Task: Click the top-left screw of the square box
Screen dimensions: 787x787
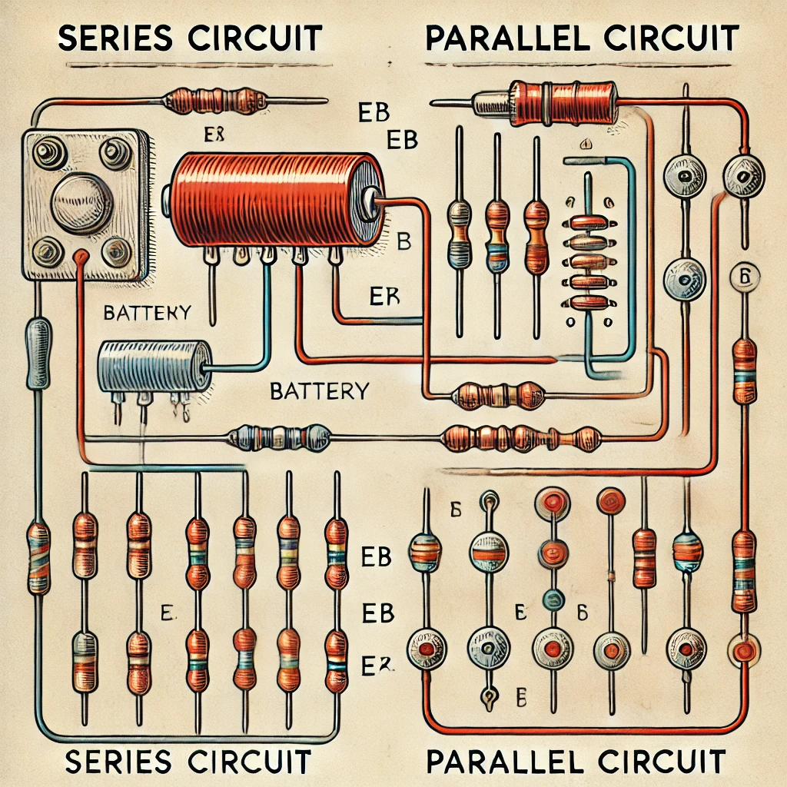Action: coord(50,151)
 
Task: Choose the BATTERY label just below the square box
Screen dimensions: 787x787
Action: coord(146,312)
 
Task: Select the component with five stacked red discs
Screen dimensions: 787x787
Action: coord(589,261)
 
